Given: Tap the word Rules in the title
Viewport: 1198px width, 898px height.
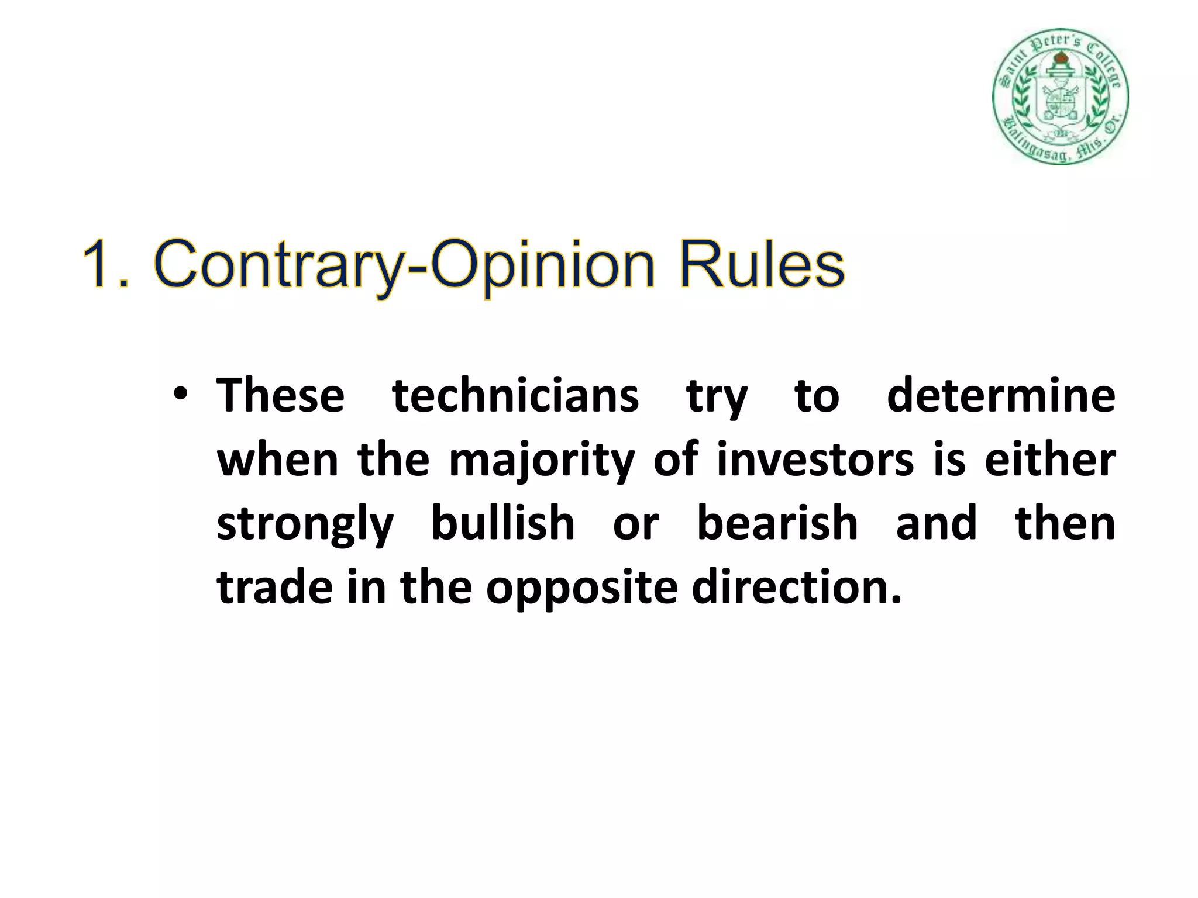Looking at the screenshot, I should click(x=762, y=264).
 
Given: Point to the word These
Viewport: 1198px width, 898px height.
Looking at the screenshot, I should click(x=281, y=396).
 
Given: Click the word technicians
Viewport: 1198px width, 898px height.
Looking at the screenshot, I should click(x=515, y=396).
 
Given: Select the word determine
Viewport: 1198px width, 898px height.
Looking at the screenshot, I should click(x=1001, y=396).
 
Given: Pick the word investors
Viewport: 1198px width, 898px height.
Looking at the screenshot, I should click(x=815, y=460).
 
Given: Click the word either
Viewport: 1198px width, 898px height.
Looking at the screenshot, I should click(x=1050, y=460).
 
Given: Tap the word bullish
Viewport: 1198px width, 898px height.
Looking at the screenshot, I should click(x=503, y=523).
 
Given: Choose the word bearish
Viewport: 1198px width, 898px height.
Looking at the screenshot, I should click(x=777, y=523).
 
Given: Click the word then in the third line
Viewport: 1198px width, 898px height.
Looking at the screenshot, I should click(x=1065, y=523).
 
